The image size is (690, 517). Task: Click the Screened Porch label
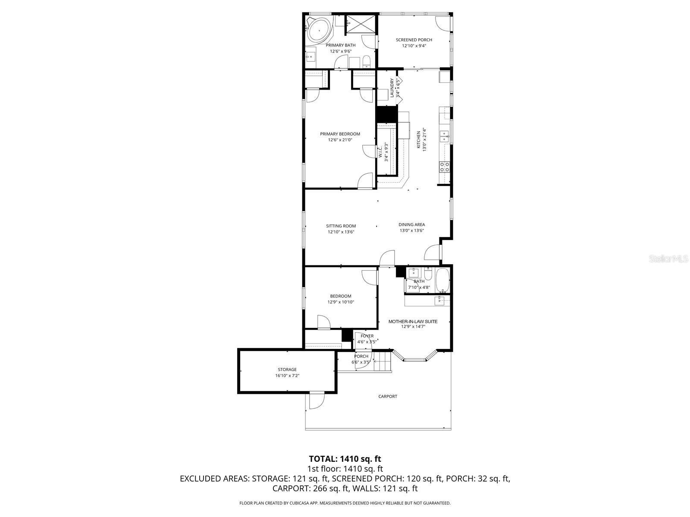pyautogui.click(x=414, y=40)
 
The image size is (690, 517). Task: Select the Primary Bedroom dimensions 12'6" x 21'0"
pyautogui.click(x=340, y=140)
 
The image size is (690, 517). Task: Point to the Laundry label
pyautogui.click(x=392, y=88)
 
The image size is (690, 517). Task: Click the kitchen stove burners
pyautogui.click(x=444, y=167)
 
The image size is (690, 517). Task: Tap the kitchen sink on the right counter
pyautogui.click(x=444, y=137)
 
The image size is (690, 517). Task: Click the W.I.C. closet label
pyautogui.click(x=381, y=152)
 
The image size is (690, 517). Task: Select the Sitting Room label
pyautogui.click(x=341, y=226)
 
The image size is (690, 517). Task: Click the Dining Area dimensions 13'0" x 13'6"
pyautogui.click(x=411, y=230)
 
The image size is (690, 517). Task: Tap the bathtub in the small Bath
pyautogui.click(x=442, y=280)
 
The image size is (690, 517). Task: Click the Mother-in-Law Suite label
pyautogui.click(x=413, y=321)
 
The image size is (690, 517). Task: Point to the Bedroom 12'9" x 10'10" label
pyautogui.click(x=341, y=296)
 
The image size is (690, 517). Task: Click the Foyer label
pyautogui.click(x=367, y=336)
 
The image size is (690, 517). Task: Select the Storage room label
pyautogui.click(x=287, y=369)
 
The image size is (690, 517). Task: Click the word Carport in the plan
pyautogui.click(x=387, y=396)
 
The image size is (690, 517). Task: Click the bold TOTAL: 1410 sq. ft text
pyautogui.click(x=345, y=459)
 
